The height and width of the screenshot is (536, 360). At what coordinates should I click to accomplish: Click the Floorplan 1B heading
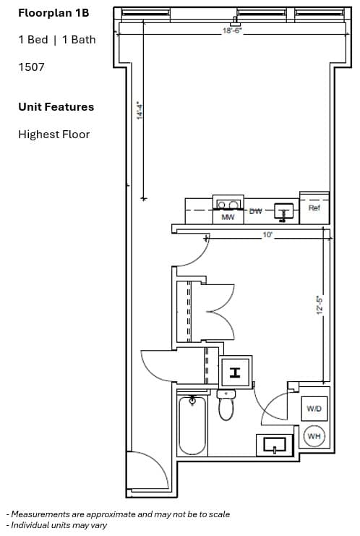(53, 13)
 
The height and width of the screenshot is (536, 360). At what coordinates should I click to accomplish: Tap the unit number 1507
(31, 67)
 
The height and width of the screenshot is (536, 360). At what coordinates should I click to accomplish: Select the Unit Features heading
(56, 107)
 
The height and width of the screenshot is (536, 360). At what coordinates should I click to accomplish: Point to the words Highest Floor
(54, 135)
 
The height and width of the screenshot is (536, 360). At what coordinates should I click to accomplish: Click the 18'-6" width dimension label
(232, 31)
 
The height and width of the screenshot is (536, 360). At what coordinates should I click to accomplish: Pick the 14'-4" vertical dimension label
(140, 110)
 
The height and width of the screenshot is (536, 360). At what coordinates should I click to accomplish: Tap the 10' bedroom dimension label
(267, 235)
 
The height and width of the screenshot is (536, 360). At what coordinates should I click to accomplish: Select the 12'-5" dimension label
(320, 305)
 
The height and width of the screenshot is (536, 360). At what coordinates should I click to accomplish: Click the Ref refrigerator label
(314, 208)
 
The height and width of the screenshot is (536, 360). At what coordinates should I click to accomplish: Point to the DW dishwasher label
(255, 211)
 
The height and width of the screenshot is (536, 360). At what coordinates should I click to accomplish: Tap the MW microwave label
(228, 217)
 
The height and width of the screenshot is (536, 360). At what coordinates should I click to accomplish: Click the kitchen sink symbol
(284, 212)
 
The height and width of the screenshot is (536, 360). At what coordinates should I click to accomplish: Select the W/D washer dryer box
(314, 409)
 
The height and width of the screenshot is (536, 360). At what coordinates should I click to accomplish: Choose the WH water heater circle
(314, 436)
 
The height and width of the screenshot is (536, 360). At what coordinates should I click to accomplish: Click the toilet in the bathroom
(226, 405)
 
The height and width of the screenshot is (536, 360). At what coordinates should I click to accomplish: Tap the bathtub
(192, 425)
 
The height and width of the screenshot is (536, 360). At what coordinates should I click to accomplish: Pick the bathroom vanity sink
(275, 445)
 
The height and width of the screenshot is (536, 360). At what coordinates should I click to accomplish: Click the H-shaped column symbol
(235, 373)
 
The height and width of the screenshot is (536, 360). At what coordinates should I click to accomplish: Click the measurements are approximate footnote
(118, 514)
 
